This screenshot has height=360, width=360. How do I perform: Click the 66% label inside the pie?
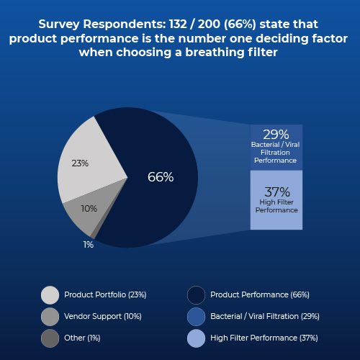161,177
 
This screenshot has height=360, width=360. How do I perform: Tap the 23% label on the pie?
80,163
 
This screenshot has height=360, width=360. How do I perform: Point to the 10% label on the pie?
89,209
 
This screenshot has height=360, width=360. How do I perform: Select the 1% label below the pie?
88,245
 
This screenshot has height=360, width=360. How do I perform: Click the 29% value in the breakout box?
276,135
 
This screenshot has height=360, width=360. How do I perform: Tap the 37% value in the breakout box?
276,192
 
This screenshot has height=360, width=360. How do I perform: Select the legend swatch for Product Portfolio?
50,294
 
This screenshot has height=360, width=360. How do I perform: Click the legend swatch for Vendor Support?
50,316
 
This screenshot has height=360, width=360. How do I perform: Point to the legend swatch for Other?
50,338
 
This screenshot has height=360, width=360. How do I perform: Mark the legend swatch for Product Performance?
196,294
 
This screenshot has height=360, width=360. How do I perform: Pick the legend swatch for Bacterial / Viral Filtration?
196,316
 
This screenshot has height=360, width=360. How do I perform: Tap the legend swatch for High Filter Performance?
196,338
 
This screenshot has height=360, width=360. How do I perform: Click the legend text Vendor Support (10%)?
103,316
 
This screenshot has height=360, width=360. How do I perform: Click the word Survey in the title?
60,24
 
